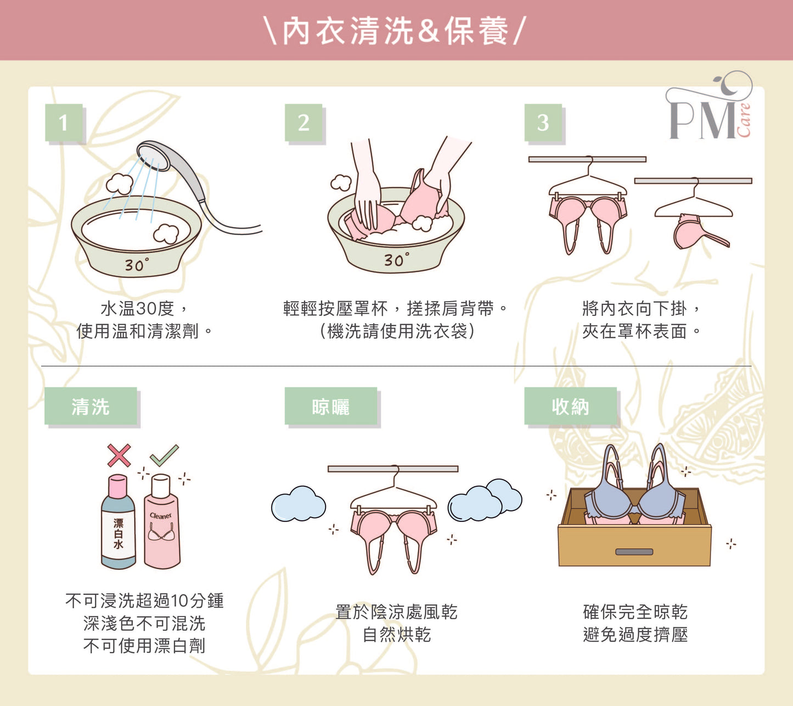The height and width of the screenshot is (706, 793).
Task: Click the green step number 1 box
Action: (x=64, y=123)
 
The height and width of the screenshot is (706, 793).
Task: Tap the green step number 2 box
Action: (x=303, y=123)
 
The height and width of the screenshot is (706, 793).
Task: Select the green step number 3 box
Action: (x=543, y=123)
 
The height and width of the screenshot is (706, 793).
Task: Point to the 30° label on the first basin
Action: (x=136, y=265)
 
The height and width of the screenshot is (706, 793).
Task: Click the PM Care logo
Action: (x=710, y=109)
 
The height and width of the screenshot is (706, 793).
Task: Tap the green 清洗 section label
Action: (x=91, y=407)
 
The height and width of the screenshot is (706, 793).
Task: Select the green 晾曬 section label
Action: (x=331, y=407)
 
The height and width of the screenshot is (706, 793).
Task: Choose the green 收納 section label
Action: (x=570, y=407)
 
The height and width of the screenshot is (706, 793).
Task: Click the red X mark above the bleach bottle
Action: (x=119, y=455)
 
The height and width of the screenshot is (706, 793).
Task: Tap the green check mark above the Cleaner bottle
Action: (x=164, y=455)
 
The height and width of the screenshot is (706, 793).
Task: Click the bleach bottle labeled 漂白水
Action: (x=119, y=527)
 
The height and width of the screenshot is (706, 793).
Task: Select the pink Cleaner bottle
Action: (x=161, y=527)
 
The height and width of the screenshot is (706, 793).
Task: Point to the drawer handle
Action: (x=634, y=552)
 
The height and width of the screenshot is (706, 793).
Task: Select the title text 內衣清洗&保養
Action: (x=396, y=31)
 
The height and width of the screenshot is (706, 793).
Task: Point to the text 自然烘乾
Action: (x=397, y=635)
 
